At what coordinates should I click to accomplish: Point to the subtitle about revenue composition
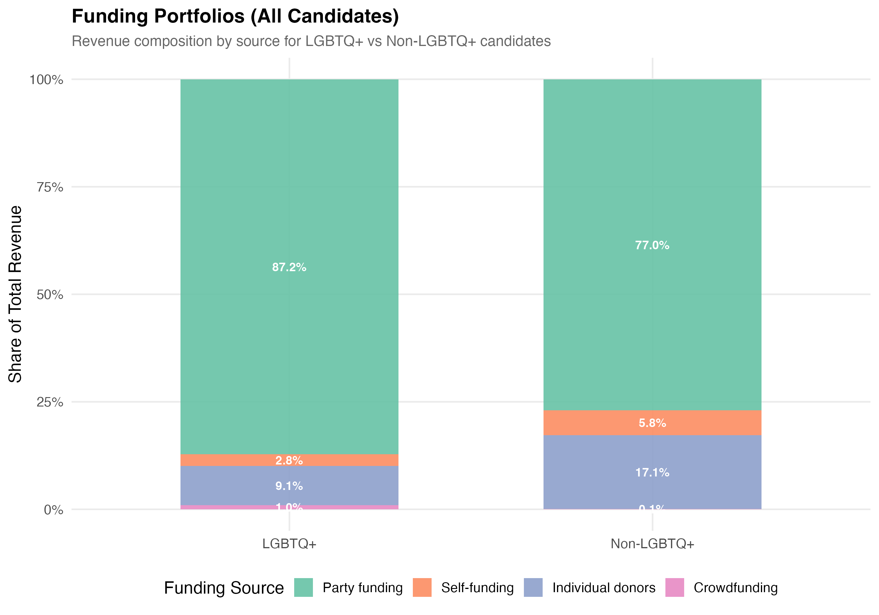[x=311, y=41]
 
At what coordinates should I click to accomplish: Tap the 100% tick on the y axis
[x=46, y=80]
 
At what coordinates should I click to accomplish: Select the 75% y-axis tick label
[x=50, y=187]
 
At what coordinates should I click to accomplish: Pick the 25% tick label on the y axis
[x=50, y=402]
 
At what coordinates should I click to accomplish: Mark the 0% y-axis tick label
[x=54, y=510]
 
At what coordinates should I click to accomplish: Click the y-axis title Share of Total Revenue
[x=15, y=294]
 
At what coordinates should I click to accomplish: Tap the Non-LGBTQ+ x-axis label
[x=652, y=544]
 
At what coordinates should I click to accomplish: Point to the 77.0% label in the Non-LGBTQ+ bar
[x=652, y=245]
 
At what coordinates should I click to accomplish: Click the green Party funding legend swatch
[x=303, y=587]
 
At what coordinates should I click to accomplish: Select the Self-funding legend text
[x=477, y=587]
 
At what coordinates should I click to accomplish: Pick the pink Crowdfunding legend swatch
[x=674, y=587]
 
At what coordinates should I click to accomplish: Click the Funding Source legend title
[x=224, y=588]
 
